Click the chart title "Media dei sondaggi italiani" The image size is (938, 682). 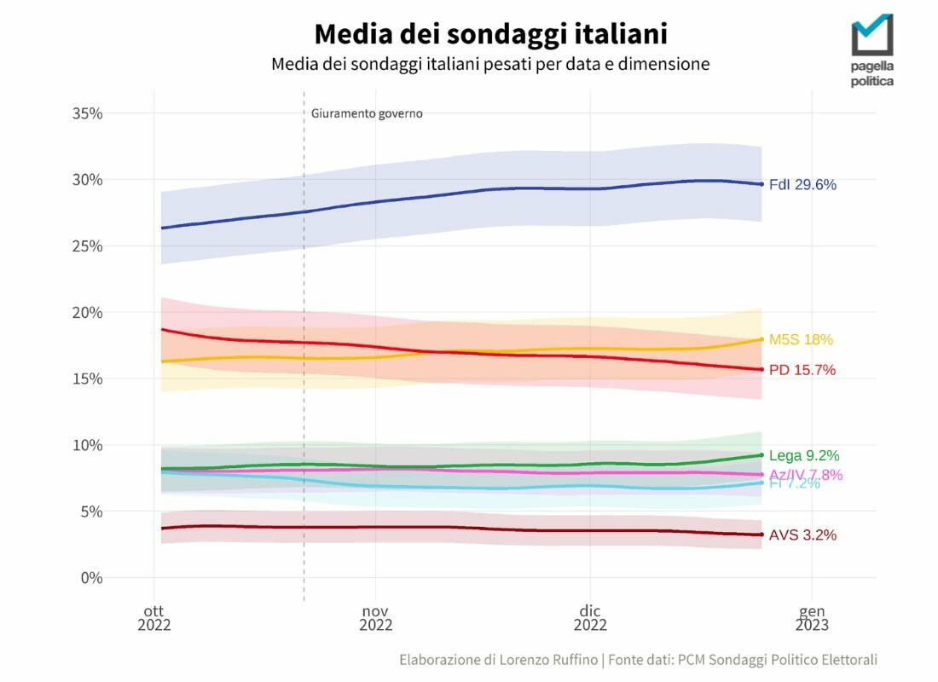(x=490, y=34)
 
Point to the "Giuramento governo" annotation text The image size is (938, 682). (x=367, y=113)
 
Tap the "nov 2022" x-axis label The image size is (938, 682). (x=375, y=618)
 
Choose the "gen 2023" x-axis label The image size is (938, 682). (x=812, y=618)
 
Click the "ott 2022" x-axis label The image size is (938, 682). (x=154, y=618)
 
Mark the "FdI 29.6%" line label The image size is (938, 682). (x=802, y=184)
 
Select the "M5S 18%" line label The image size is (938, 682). (x=801, y=339)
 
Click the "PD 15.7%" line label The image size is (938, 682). (x=802, y=370)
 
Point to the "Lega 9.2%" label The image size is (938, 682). (x=804, y=455)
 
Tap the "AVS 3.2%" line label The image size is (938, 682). (x=802, y=535)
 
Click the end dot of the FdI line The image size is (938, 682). (x=761, y=184)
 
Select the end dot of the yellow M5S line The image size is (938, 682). (x=761, y=339)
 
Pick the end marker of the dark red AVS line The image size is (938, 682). (x=761, y=535)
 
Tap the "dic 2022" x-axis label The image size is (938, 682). (x=589, y=618)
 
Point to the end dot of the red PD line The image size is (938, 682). (x=761, y=369)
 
